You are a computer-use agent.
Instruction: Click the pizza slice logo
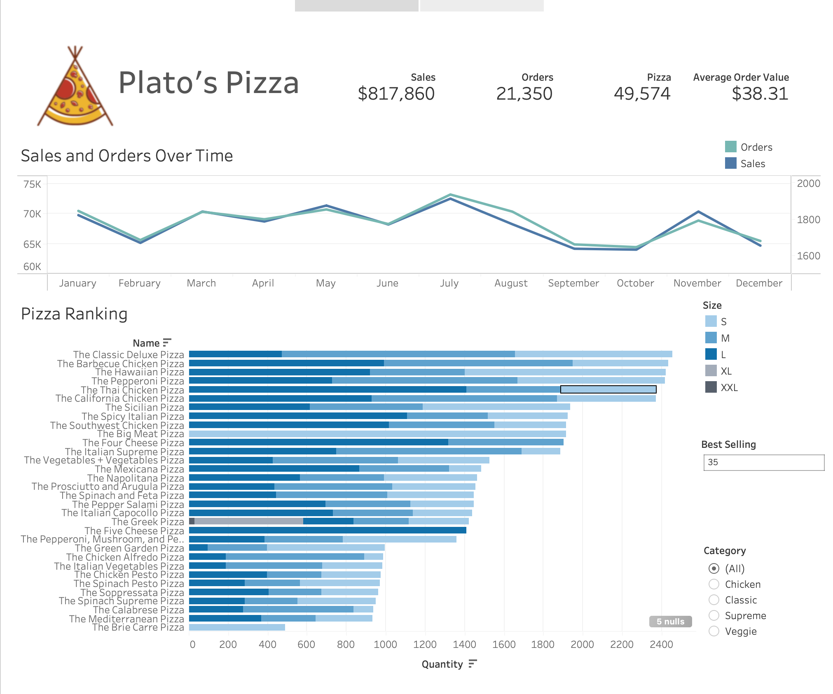click(75, 88)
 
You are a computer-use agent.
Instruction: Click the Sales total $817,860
click(396, 94)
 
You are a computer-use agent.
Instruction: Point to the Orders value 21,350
click(524, 94)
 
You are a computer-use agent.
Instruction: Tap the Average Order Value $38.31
click(760, 94)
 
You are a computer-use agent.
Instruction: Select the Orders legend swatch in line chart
click(730, 147)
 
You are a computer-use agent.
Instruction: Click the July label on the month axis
click(449, 283)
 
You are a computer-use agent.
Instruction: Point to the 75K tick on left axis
click(32, 184)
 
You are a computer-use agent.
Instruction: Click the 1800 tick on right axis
click(808, 219)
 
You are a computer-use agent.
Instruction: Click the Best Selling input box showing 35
click(763, 462)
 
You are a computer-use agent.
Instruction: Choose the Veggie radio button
click(714, 631)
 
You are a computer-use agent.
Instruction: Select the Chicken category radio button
click(714, 584)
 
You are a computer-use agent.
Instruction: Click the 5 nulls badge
click(670, 621)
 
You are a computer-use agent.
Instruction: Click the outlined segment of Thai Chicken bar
click(608, 389)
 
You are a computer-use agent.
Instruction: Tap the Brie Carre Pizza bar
click(237, 627)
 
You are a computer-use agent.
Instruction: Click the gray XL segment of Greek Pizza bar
click(249, 521)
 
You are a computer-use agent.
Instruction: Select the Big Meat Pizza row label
click(140, 434)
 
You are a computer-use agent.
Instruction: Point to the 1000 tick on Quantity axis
click(385, 644)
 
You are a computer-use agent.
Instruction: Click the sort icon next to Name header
click(167, 342)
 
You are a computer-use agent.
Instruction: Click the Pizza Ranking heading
click(74, 314)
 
